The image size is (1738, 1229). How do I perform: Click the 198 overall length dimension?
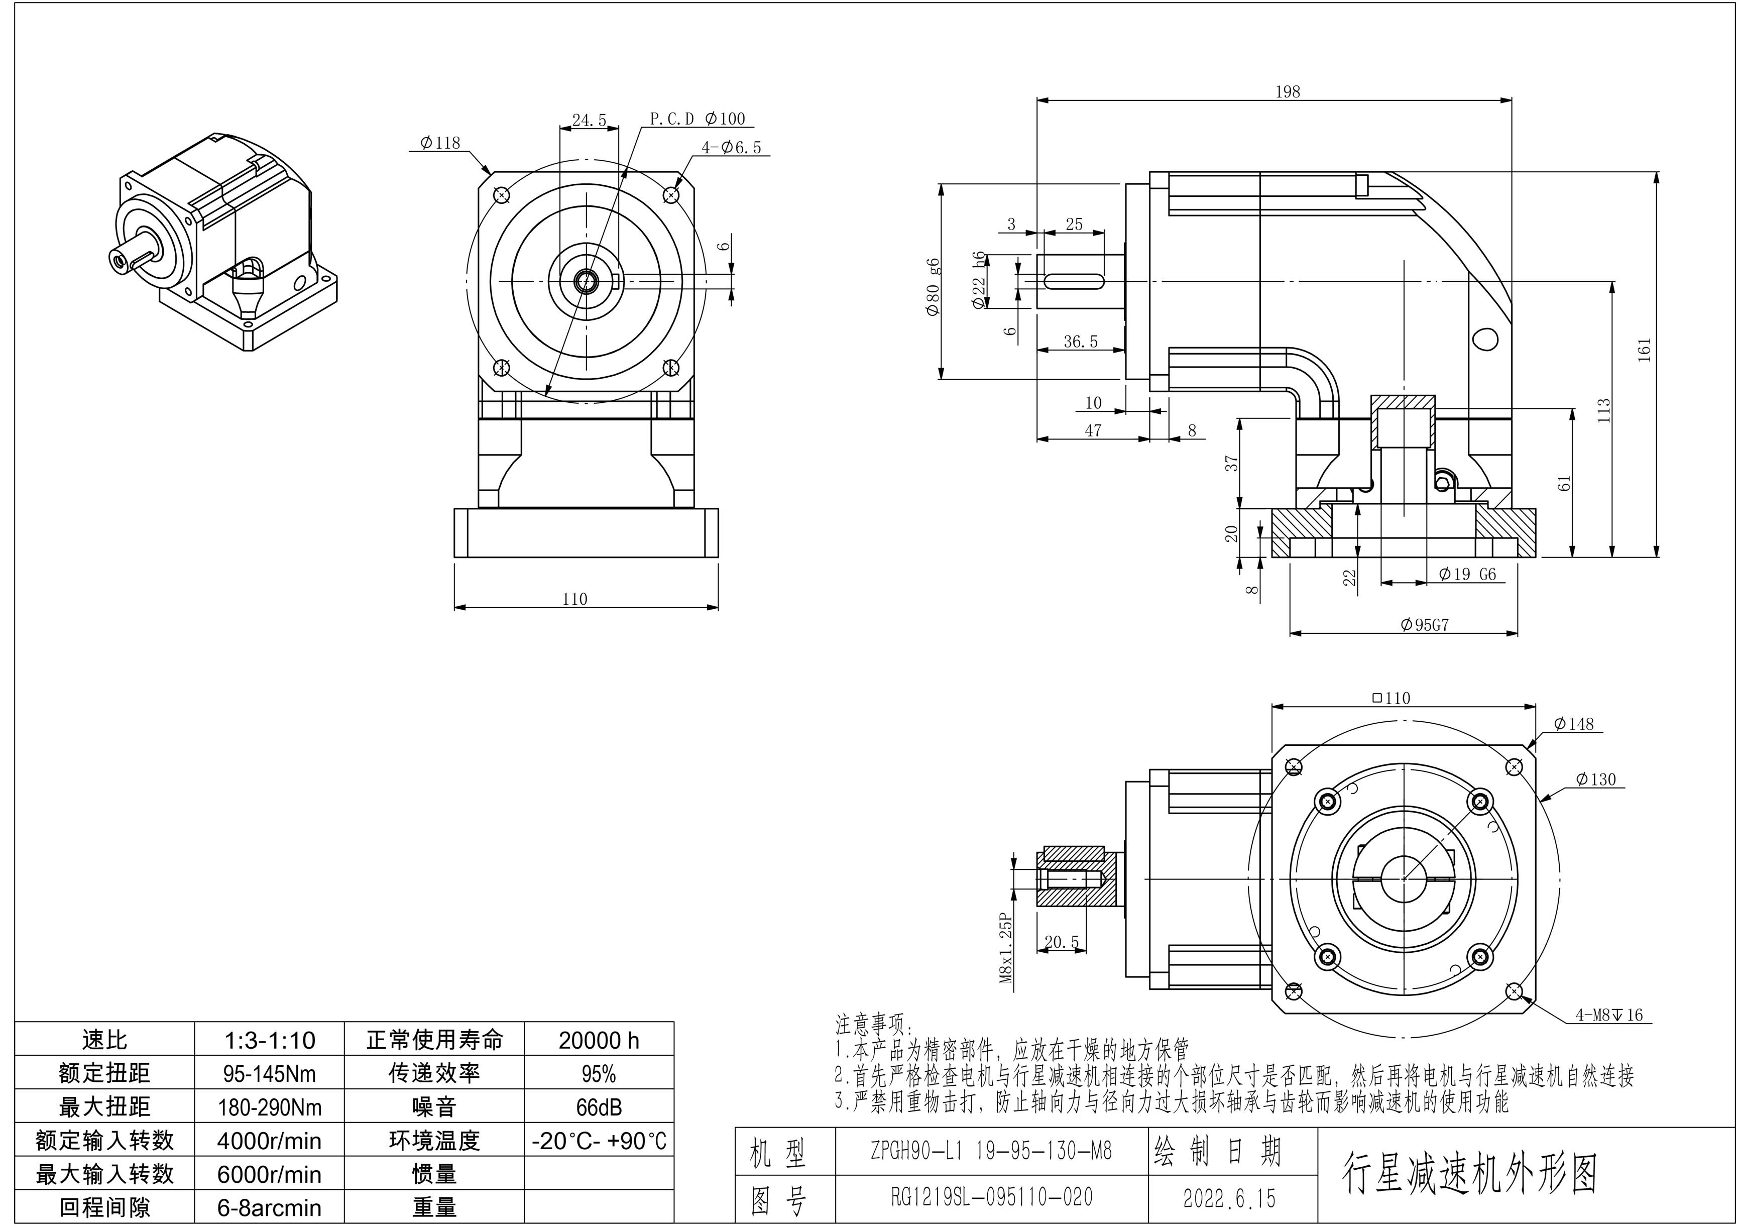(x=1287, y=91)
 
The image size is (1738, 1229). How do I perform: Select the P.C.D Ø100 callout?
(x=697, y=119)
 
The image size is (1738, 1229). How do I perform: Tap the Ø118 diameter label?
(x=440, y=142)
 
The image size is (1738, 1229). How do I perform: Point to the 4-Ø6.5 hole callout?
(x=731, y=148)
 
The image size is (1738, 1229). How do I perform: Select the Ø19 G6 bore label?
(x=1467, y=574)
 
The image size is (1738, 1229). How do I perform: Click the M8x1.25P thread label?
(x=1006, y=947)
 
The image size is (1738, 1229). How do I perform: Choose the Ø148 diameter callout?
(x=1573, y=724)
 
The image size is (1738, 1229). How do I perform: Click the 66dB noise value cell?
(x=598, y=1107)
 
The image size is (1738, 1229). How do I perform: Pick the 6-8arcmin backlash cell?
(x=270, y=1207)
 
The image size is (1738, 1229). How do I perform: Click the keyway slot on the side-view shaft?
(x=1073, y=281)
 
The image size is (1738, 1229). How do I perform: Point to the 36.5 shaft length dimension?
(x=1080, y=342)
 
